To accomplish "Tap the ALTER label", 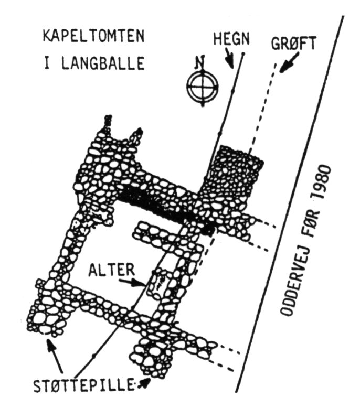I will (112, 270).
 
